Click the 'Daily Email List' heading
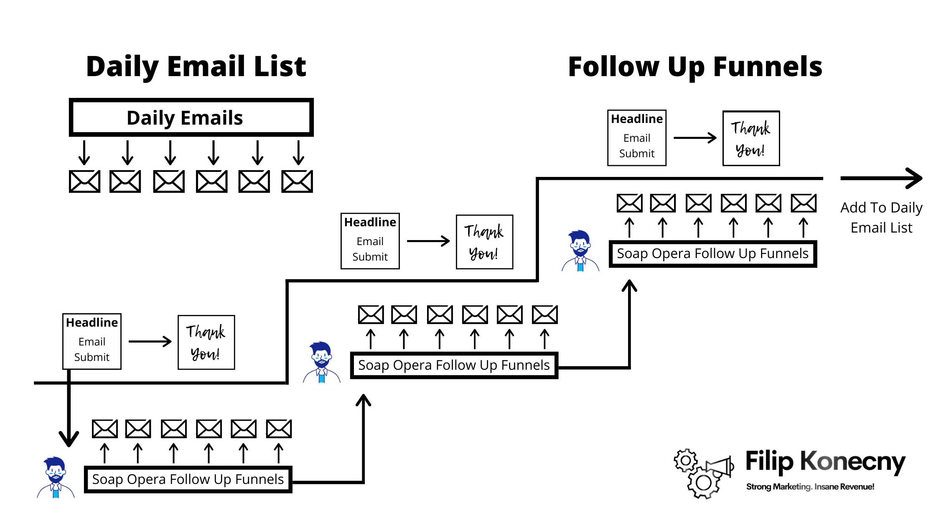(x=196, y=67)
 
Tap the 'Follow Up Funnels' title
(x=695, y=67)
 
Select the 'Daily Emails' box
(x=191, y=118)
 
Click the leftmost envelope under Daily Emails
(x=84, y=181)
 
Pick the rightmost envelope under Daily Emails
(x=297, y=181)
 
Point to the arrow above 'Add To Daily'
(x=881, y=178)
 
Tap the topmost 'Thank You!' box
(x=751, y=138)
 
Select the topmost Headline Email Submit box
(x=636, y=138)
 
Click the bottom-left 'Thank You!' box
(x=206, y=343)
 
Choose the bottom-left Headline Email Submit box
(x=92, y=341)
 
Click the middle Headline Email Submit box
(x=370, y=241)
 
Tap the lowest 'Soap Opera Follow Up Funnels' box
(x=188, y=479)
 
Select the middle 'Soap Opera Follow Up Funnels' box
(x=454, y=365)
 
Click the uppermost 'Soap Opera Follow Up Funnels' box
(x=712, y=253)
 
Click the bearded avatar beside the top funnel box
(x=580, y=251)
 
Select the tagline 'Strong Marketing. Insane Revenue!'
(x=810, y=487)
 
